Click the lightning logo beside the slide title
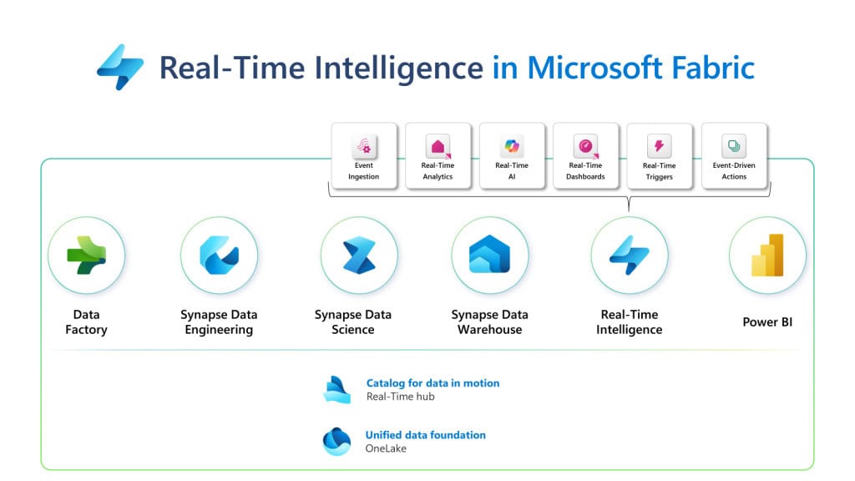click(x=120, y=67)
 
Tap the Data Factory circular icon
click(x=86, y=255)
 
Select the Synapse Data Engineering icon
click(x=219, y=255)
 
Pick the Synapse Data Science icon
click(x=358, y=255)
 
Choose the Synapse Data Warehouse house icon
click(x=489, y=255)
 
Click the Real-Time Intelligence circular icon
click(x=629, y=255)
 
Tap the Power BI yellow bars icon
click(x=767, y=255)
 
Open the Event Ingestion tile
click(x=364, y=155)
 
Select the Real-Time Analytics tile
click(x=438, y=155)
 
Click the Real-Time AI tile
click(x=512, y=155)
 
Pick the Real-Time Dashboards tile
click(x=585, y=155)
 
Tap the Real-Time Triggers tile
click(x=659, y=155)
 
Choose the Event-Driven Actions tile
click(x=734, y=155)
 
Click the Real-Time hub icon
click(x=336, y=389)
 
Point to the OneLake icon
click(x=336, y=441)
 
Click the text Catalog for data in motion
click(x=433, y=383)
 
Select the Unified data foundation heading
click(x=425, y=435)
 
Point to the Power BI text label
click(x=767, y=322)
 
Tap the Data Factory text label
click(x=86, y=322)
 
